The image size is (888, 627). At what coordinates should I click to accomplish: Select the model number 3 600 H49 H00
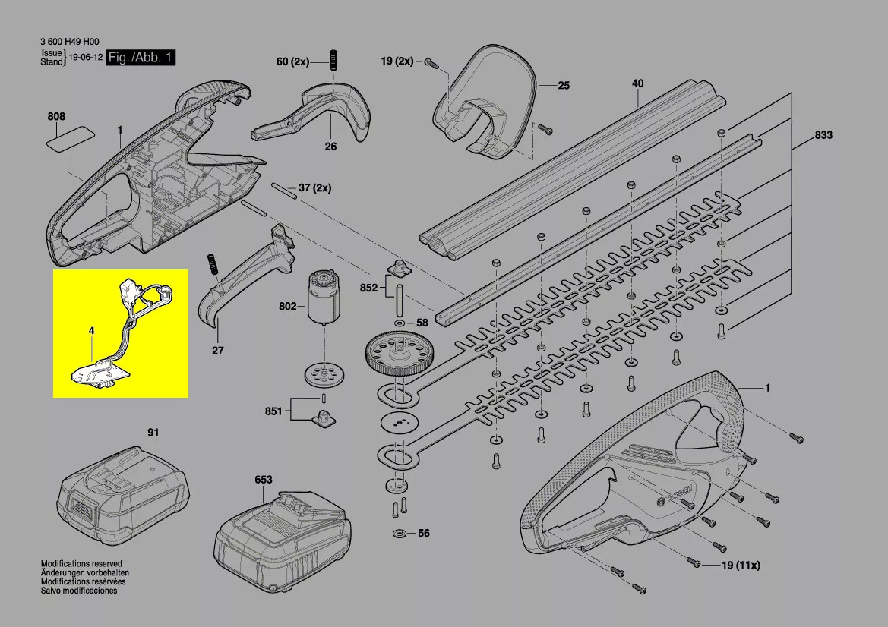pos(70,43)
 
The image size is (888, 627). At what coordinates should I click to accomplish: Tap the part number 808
pos(56,117)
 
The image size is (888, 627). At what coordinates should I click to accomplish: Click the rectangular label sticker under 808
pos(71,137)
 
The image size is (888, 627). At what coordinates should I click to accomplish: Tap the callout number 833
pos(823,135)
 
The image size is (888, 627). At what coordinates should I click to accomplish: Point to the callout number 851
pos(273,411)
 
